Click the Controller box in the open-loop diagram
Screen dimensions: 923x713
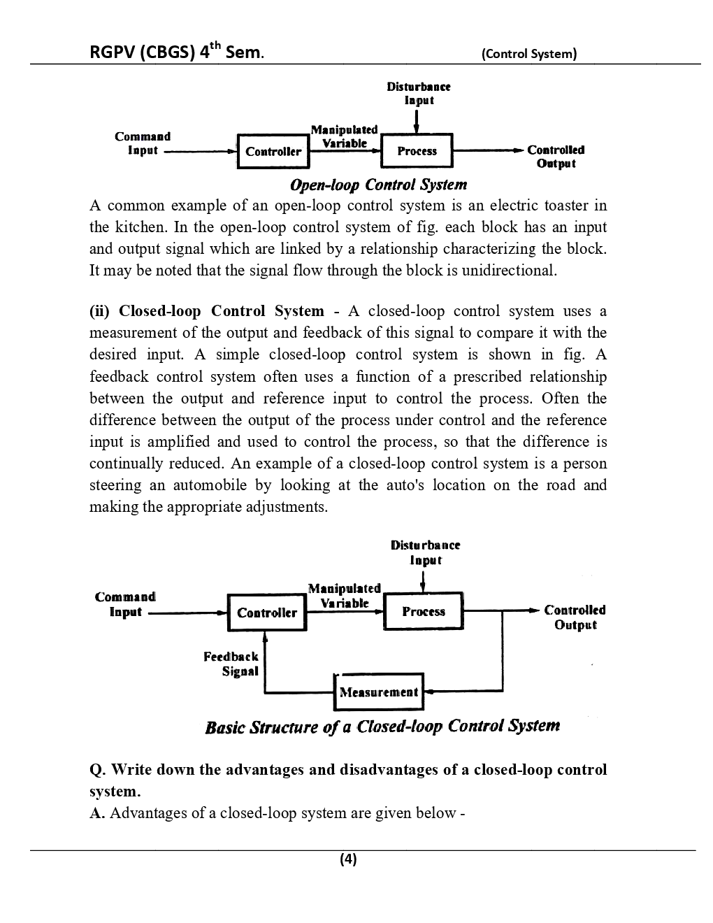click(x=273, y=151)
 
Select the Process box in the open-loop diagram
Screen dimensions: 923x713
click(x=417, y=151)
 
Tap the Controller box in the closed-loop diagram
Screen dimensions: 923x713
click(x=267, y=613)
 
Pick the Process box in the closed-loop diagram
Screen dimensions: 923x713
click(x=424, y=612)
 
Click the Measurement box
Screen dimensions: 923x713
click(x=379, y=692)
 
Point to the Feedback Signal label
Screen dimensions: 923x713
click(x=231, y=664)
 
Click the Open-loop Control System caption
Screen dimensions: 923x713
click(x=378, y=185)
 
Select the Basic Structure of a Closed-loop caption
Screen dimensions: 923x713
click(x=382, y=727)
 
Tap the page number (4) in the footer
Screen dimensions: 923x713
click(x=348, y=859)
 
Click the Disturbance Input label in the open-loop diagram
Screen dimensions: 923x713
click(x=419, y=93)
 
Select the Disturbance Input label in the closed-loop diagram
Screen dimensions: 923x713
click(x=425, y=552)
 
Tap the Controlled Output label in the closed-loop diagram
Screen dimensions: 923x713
click(x=575, y=617)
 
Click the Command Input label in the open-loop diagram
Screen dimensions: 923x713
click(x=143, y=143)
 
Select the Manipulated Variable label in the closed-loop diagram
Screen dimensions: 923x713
click(x=344, y=595)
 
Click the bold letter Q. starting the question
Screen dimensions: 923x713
click(x=98, y=770)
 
